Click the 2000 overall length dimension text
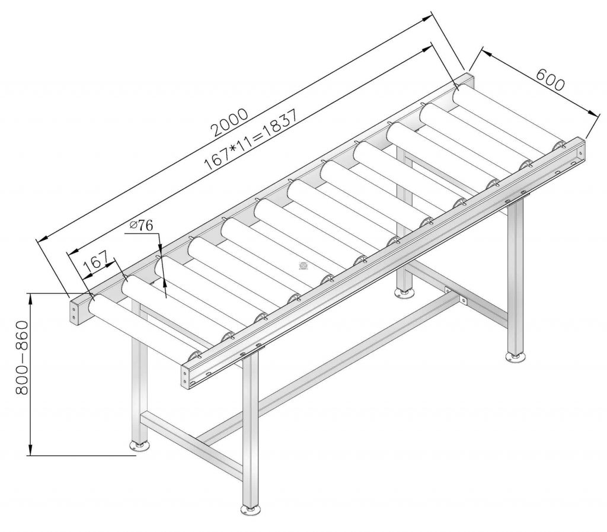point(229,122)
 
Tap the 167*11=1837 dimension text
point(251,140)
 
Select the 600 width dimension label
point(551,80)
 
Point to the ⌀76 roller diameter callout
point(142,225)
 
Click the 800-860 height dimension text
point(22,357)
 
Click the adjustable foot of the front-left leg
point(139,446)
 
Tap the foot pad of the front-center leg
point(251,509)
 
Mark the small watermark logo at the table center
point(303,265)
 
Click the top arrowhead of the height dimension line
point(30,296)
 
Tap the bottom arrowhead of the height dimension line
point(30,453)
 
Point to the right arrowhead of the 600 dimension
point(595,113)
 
